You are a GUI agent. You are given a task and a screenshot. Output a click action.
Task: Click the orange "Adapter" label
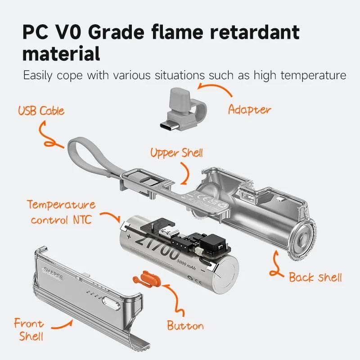249,109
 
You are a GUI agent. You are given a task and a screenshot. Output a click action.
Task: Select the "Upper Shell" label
176,153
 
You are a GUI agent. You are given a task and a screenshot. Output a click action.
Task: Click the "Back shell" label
315,277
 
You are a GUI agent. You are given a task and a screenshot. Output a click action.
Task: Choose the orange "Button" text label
185,325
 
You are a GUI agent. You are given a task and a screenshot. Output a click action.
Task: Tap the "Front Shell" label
29,329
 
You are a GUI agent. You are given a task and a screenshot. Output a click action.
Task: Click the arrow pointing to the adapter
216,88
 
